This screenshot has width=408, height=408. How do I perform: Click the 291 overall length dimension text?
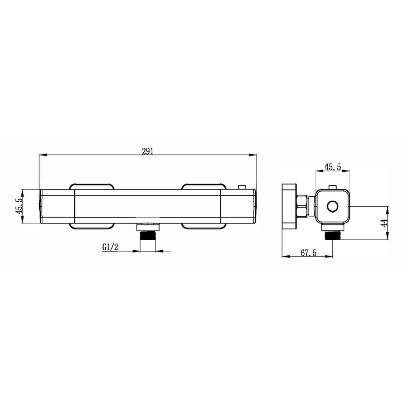click(148, 152)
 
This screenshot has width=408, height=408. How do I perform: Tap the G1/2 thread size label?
click(110, 248)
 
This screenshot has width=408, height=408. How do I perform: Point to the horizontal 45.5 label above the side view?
click(333, 167)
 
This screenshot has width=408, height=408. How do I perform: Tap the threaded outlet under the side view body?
click(333, 236)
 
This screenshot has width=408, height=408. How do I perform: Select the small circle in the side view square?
click(333, 207)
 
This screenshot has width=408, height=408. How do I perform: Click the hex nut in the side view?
click(302, 207)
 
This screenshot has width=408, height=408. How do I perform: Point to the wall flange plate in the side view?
click(288, 207)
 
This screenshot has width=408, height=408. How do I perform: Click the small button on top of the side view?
click(333, 186)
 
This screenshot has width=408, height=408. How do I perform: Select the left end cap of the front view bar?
click(57, 207)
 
